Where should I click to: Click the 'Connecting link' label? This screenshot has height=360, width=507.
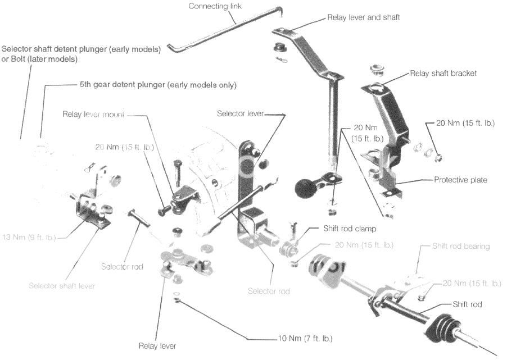pyautogui.click(x=213, y=6)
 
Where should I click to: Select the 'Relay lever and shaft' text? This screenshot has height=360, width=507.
pyautogui.click(x=363, y=17)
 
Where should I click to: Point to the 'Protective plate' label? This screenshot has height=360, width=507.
pyautogui.click(x=460, y=180)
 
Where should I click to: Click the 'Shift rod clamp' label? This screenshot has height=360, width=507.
pyautogui.click(x=350, y=229)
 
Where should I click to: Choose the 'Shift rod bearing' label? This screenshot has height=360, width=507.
pyautogui.click(x=461, y=246)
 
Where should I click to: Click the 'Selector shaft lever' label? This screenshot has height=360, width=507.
pyautogui.click(x=62, y=285)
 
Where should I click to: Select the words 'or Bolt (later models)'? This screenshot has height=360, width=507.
pyautogui.click(x=40, y=58)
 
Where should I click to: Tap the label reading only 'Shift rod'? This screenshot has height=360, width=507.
pyautogui.click(x=467, y=304)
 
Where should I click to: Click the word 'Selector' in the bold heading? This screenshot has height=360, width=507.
pyautogui.click(x=16, y=49)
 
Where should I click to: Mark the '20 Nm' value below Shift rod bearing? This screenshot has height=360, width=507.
pyautogui.click(x=472, y=283)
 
